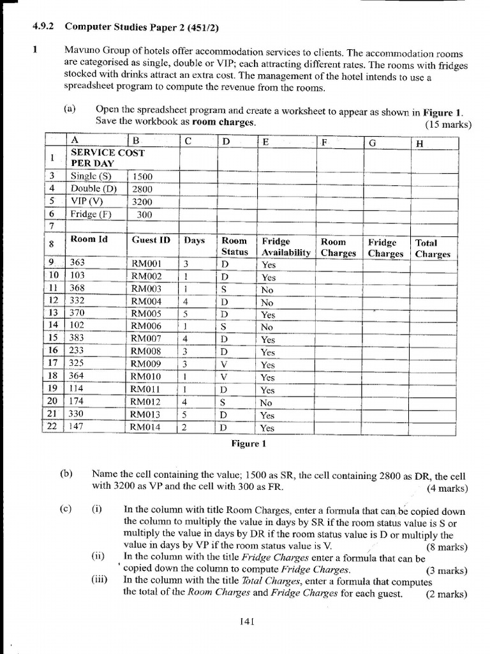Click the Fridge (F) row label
click(91, 215)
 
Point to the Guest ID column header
click(151, 240)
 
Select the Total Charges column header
click(432, 248)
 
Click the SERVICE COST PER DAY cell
click(107, 158)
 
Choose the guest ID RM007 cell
click(146, 339)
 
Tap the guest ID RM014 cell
click(146, 428)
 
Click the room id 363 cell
click(78, 262)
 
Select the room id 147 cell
click(78, 427)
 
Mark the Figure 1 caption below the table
click(246, 443)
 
